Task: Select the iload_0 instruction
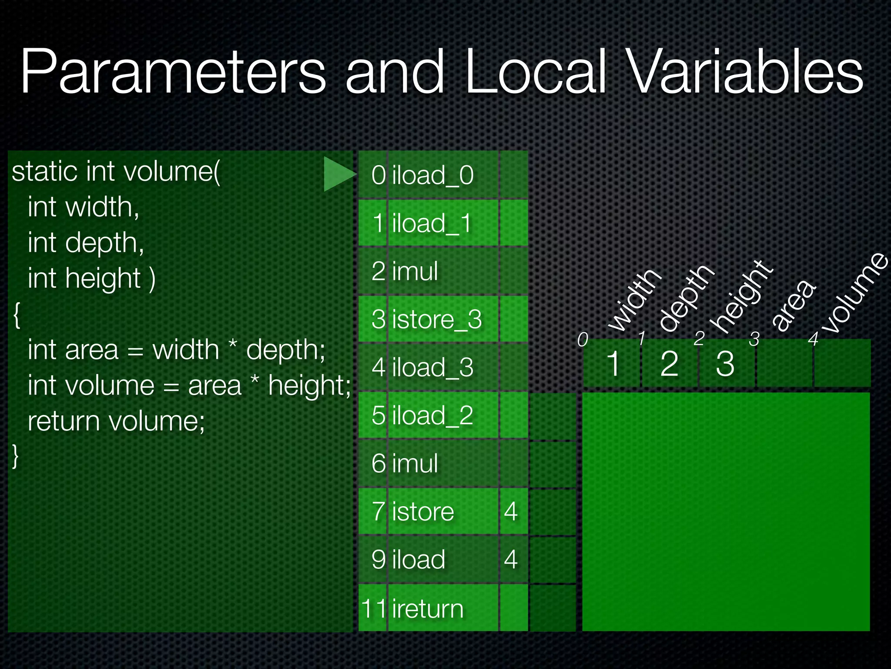pos(432,175)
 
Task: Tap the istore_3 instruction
pos(437,319)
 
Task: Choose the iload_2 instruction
pos(432,415)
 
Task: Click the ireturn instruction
pos(428,608)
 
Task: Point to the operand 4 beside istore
pos(511,511)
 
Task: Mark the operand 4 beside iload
pos(511,559)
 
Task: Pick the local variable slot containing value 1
pos(613,363)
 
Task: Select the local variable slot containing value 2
pos(669,363)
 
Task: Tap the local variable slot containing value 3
pos(725,363)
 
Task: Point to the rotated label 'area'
pos(794,305)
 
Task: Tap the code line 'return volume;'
pos(116,421)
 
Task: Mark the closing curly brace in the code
pos(16,456)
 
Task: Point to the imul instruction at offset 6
pos(415,463)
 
